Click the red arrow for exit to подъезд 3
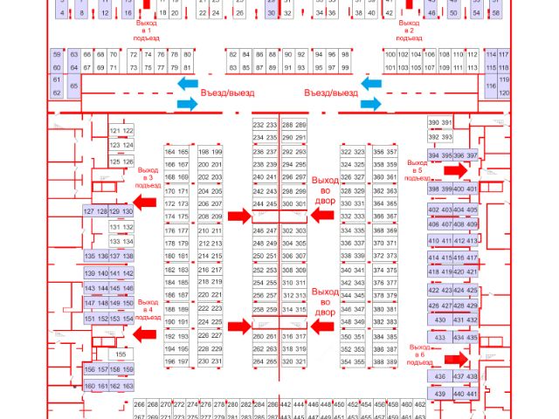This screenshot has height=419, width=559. (145, 202)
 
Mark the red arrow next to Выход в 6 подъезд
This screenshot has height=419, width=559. (454, 358)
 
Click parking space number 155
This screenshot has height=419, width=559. (121, 354)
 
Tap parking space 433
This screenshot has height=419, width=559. (441, 337)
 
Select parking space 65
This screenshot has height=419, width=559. (74, 86)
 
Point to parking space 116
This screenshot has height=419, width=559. (491, 86)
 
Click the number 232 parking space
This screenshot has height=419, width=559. (259, 126)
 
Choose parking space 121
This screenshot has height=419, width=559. (115, 131)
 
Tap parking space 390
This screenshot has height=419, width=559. (433, 124)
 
